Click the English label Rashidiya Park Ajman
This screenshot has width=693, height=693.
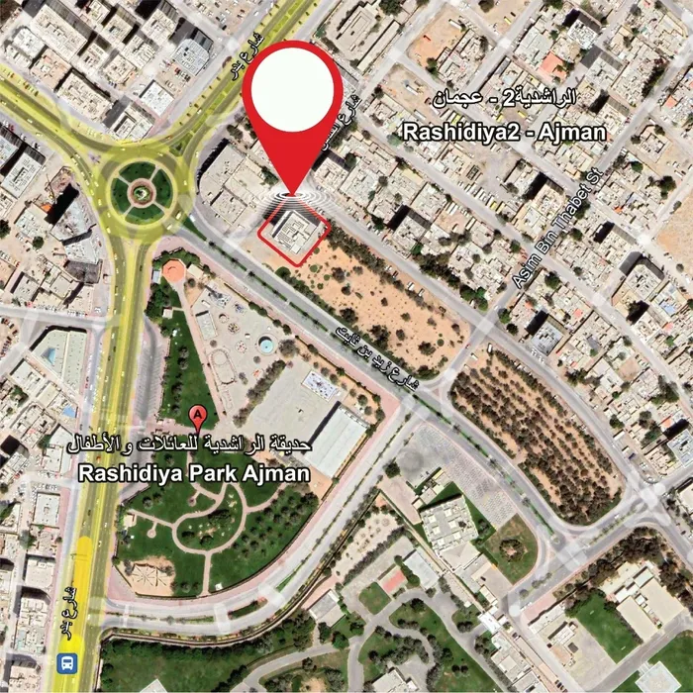click(194, 473)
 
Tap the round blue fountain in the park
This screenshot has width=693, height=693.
click(266, 345)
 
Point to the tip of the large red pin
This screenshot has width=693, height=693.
click(292, 194)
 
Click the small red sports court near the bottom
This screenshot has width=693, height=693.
click(393, 580)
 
